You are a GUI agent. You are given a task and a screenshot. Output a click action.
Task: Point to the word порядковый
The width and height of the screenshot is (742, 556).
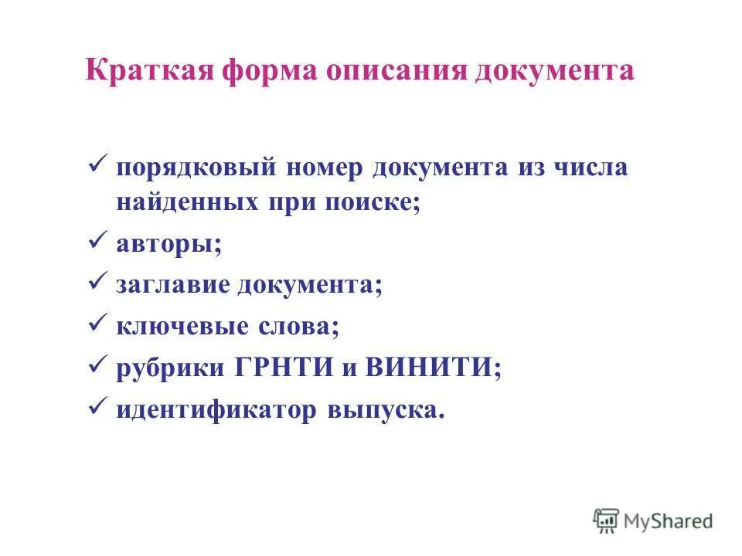coord(198,168)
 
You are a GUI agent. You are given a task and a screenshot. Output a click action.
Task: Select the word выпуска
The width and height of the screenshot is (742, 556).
coord(386,410)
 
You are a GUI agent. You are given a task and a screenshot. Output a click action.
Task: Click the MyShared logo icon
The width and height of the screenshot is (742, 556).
coord(607,520)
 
